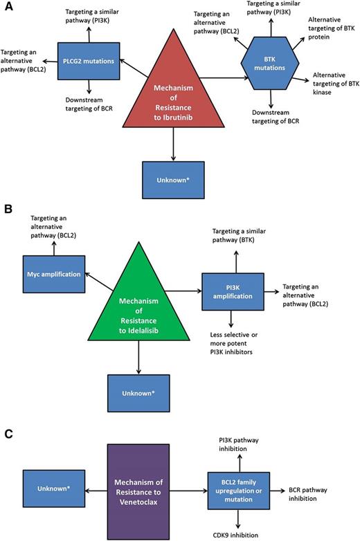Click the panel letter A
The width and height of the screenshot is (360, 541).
6,6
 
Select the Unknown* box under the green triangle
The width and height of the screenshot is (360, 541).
138,392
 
